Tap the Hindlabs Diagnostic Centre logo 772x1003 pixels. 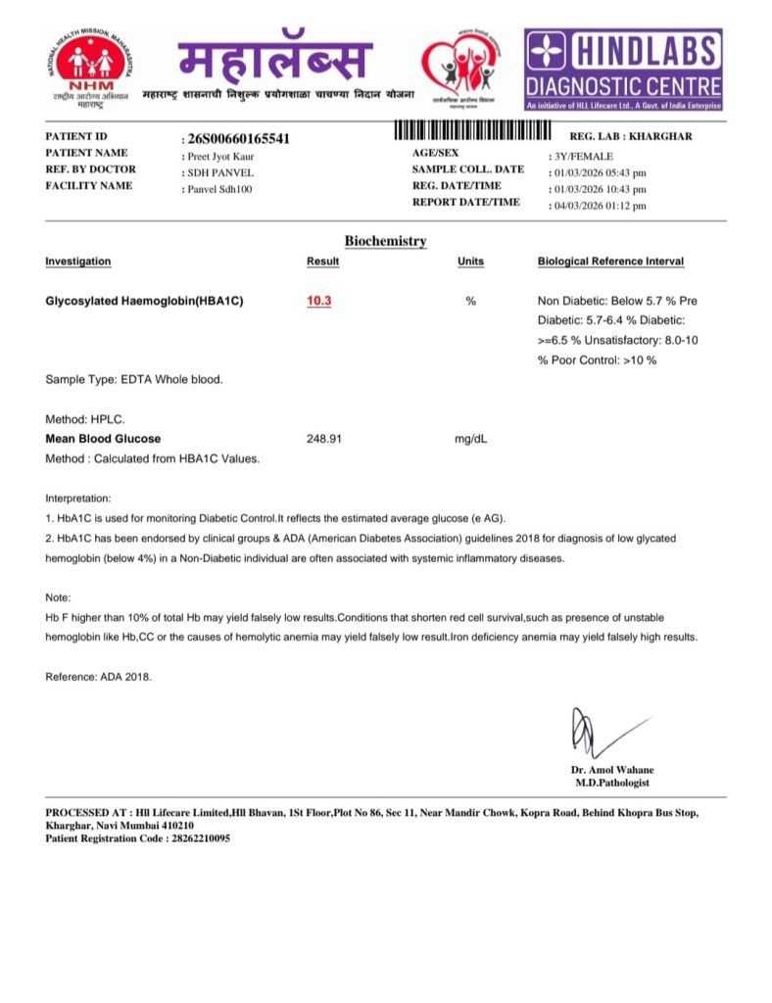click(x=624, y=69)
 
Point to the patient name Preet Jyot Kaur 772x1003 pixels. click(x=219, y=156)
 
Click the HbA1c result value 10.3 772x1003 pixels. click(x=319, y=301)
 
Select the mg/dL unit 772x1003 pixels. click(x=470, y=439)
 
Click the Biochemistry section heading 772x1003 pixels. click(x=385, y=241)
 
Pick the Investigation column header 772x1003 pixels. click(x=78, y=262)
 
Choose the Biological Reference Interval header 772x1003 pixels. click(x=610, y=262)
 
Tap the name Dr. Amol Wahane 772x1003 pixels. click(x=612, y=770)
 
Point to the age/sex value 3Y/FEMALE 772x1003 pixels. click(x=580, y=156)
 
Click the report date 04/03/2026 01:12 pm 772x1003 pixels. click(x=598, y=206)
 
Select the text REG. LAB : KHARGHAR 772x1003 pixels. click(x=631, y=137)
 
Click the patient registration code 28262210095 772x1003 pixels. click(x=197, y=838)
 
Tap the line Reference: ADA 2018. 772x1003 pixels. click(x=99, y=677)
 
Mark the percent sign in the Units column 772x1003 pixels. click(x=470, y=301)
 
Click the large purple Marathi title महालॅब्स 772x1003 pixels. click(x=276, y=61)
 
